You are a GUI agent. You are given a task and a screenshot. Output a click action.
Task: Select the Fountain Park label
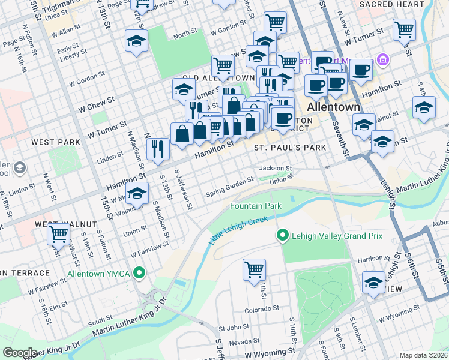(256, 206)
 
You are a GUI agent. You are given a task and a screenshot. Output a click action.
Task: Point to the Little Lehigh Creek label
(237, 230)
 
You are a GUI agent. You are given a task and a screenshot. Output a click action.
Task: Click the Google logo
(20, 352)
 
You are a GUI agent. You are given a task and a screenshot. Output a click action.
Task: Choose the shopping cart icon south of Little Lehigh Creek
(254, 269)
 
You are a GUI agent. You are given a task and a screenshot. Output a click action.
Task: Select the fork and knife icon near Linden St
(157, 148)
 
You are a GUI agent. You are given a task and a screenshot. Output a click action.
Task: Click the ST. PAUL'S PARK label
(290, 148)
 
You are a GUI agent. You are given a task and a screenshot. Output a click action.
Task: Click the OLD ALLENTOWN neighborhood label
(218, 78)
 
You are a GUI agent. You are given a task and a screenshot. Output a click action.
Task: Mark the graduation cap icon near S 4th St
(424, 107)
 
